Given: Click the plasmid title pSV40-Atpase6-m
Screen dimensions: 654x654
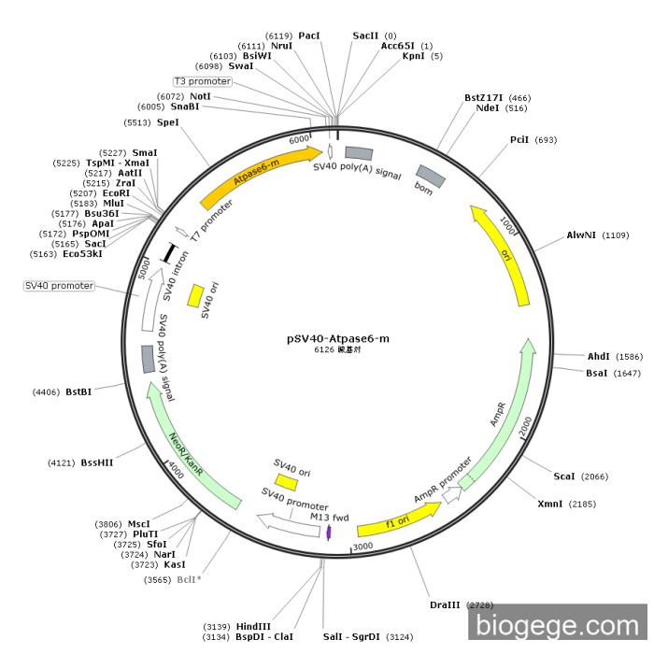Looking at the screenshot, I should pyautogui.click(x=337, y=339).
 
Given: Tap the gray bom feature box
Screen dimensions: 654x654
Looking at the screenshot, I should pyautogui.click(x=430, y=176).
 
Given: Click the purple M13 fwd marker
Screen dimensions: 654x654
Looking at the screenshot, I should pyautogui.click(x=329, y=532).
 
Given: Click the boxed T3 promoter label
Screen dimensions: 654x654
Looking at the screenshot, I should pyautogui.click(x=202, y=81).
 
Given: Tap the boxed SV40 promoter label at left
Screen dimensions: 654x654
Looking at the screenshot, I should pyautogui.click(x=59, y=285).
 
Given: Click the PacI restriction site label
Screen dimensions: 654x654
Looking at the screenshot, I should pyautogui.click(x=309, y=35).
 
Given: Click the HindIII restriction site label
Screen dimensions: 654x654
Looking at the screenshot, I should pyautogui.click(x=253, y=626).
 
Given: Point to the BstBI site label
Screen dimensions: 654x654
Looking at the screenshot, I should pyautogui.click(x=78, y=392).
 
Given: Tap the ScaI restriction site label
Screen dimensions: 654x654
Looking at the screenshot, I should pyautogui.click(x=563, y=476).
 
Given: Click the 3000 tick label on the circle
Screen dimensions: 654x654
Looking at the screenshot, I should pyautogui.click(x=363, y=546).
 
